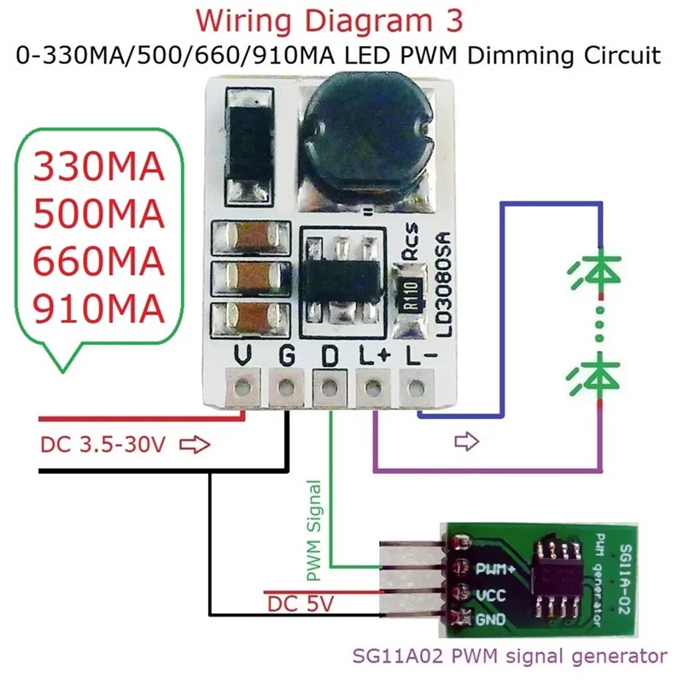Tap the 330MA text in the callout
pos(96,166)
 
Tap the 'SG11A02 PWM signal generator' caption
pos(510,657)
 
